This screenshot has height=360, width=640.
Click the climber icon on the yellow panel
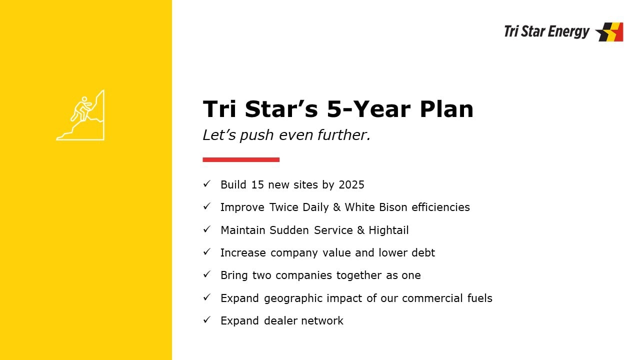point(81,115)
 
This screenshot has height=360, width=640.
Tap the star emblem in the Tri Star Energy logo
point(609,31)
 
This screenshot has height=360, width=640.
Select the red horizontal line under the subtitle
point(241,159)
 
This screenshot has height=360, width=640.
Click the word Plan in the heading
point(446,109)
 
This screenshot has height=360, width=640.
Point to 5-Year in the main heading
point(369,109)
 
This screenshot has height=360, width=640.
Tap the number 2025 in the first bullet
point(351,185)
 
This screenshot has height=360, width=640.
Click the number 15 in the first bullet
point(257,185)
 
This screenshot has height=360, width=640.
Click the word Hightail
point(388,230)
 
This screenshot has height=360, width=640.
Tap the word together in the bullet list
point(359,275)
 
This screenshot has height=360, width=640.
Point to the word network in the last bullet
point(322,321)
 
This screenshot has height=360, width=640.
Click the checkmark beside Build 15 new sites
point(207,183)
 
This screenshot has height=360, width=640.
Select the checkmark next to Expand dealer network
point(207,319)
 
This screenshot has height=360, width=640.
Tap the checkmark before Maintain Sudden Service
point(207,229)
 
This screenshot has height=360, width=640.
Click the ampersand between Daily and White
point(337,207)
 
